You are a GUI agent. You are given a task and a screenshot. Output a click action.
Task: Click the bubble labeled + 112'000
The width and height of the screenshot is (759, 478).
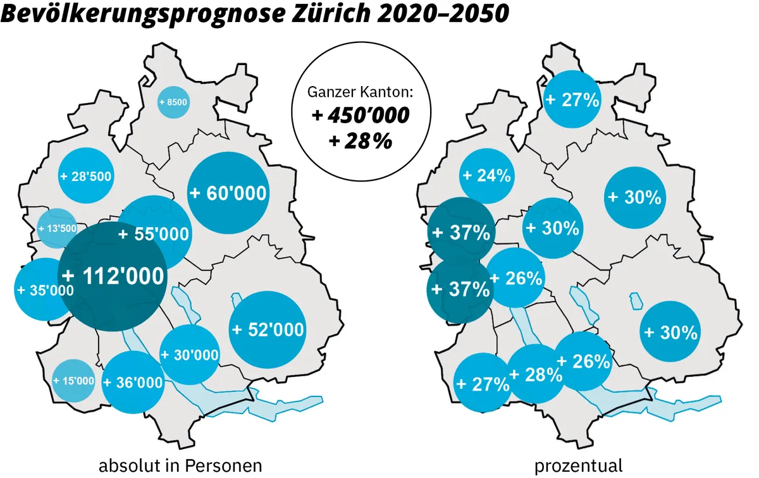(113, 276)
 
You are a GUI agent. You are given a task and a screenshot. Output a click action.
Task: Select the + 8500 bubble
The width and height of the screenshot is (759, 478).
(173, 102)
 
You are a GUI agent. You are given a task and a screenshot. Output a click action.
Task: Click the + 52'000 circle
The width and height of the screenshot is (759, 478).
(269, 329)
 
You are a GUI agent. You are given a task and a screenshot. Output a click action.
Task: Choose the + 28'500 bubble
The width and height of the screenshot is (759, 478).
(86, 175)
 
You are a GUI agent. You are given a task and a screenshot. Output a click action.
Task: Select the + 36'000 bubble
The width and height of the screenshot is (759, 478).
(132, 383)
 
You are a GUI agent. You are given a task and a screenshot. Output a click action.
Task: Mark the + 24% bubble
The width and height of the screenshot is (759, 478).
(486, 176)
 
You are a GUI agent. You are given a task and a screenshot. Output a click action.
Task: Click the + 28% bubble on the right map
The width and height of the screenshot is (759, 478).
(535, 374)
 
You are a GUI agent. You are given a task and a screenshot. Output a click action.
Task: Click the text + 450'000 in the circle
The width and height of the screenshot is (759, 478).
(361, 116)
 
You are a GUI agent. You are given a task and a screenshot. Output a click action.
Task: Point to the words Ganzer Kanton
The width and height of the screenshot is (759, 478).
(360, 92)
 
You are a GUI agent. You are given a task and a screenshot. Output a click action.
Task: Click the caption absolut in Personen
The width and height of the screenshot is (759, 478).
(180, 466)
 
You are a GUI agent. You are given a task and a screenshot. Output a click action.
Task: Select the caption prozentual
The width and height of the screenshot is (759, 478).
(579, 466)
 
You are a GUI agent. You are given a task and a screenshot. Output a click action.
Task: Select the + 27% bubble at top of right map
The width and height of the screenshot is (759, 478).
(572, 99)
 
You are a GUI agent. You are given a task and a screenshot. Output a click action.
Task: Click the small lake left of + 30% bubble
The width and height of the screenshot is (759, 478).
(635, 302)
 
